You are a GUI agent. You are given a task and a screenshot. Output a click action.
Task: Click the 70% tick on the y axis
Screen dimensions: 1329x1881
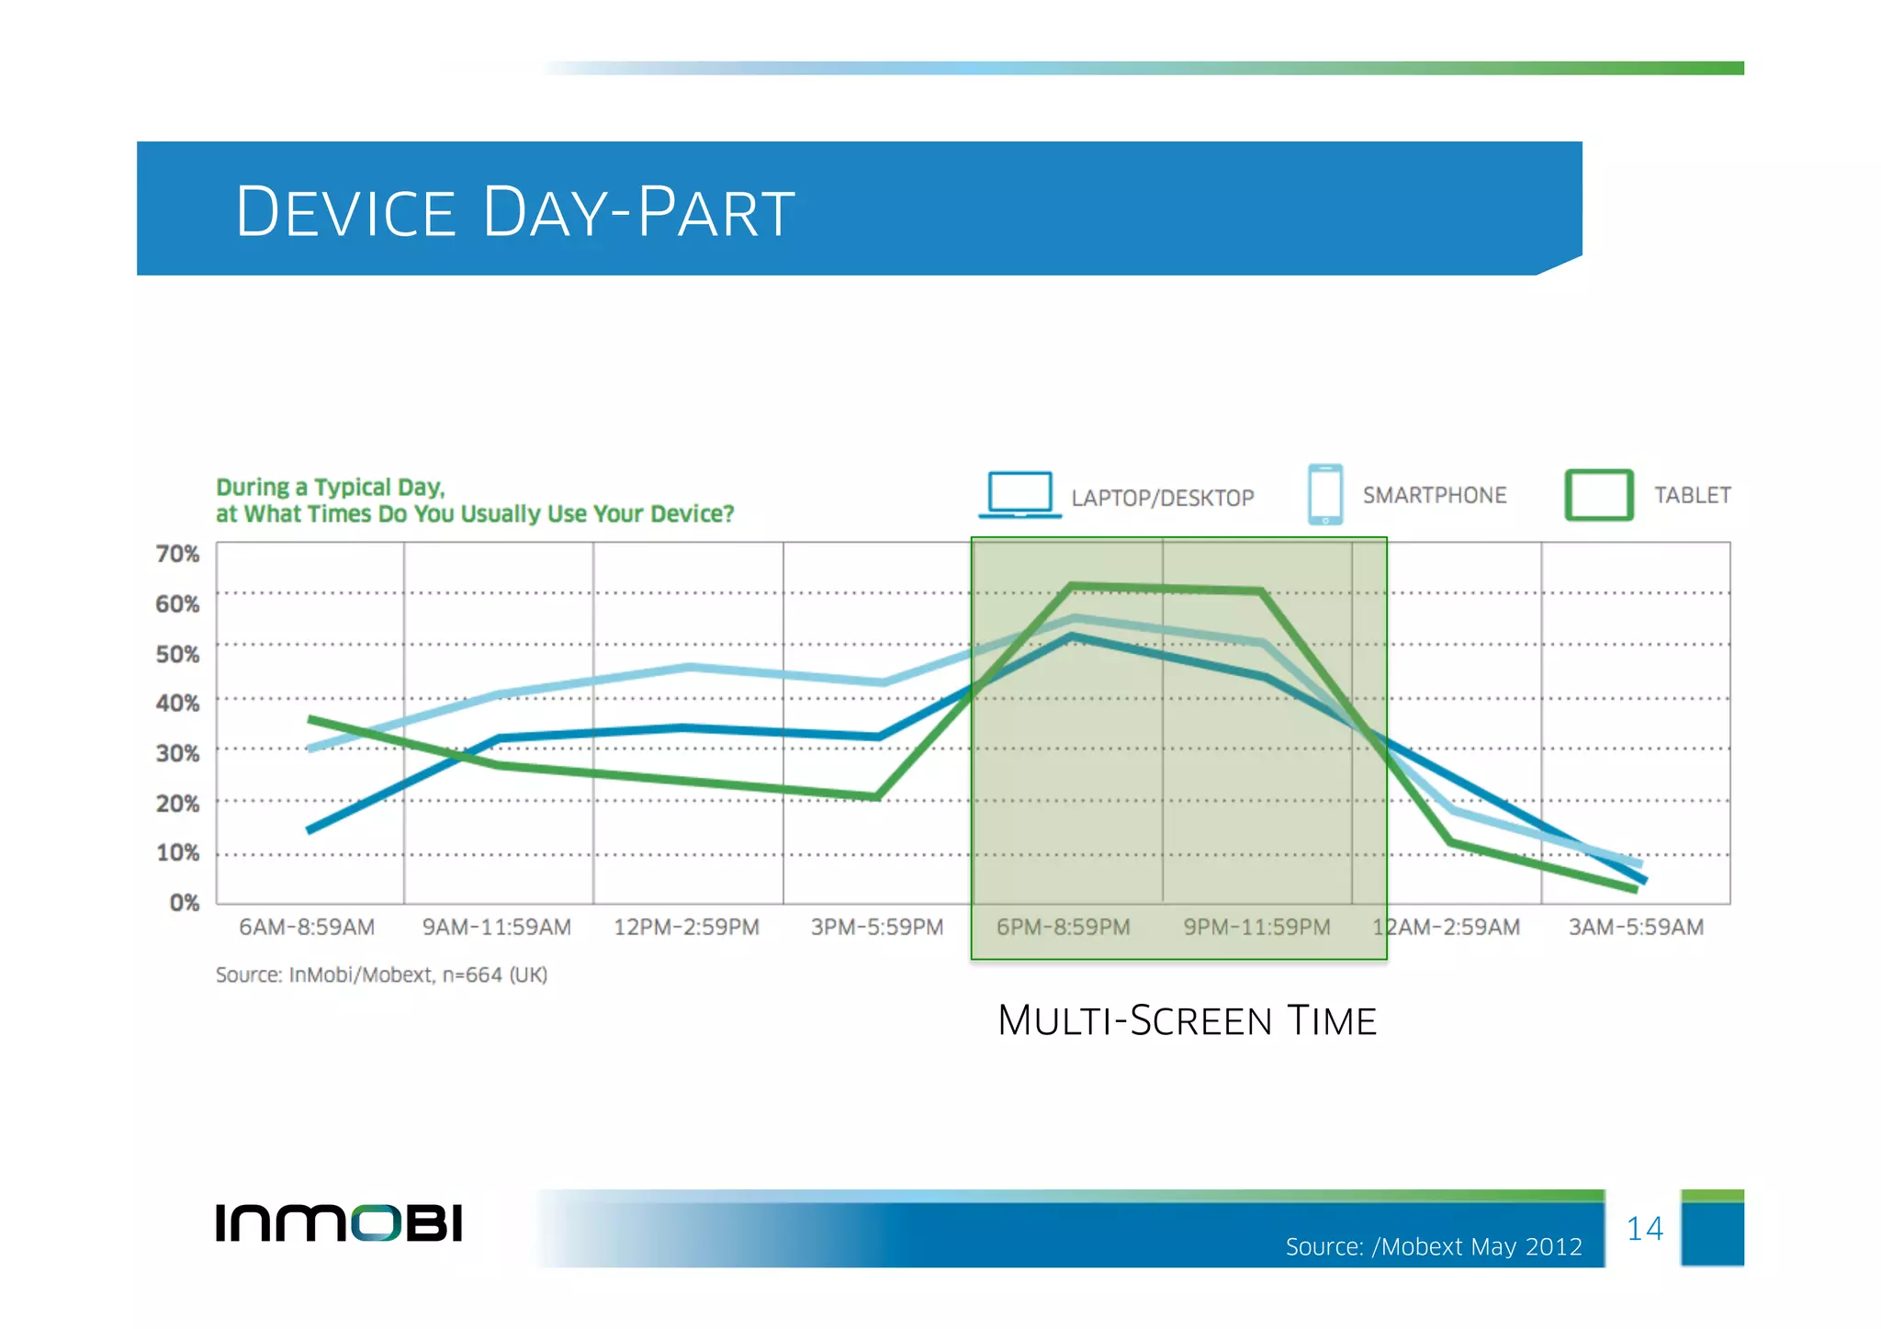point(177,554)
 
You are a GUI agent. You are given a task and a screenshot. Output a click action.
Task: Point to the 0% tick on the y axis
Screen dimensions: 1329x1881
point(184,903)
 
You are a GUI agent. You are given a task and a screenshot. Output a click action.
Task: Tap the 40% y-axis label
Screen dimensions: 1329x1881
point(177,704)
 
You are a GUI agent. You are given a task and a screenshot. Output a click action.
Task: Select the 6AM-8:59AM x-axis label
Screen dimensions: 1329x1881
point(307,928)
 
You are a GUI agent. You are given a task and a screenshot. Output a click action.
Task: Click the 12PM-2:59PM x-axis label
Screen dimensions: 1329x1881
point(686,928)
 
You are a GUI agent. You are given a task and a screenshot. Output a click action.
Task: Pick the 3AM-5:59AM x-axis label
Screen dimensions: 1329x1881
point(1636,928)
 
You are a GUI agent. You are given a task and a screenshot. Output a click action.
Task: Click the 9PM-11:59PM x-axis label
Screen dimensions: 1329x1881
point(1256,928)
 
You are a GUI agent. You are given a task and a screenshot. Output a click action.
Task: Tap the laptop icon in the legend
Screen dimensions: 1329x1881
point(1019,495)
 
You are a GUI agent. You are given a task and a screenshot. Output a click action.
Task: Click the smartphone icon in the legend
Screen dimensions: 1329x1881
point(1324,494)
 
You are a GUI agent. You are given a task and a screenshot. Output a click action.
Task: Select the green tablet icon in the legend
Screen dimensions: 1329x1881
point(1598,495)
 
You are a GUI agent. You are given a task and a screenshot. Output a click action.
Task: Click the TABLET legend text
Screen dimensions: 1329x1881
point(1692,496)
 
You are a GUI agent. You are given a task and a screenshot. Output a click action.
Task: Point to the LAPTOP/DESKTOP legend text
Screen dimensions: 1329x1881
point(1162,499)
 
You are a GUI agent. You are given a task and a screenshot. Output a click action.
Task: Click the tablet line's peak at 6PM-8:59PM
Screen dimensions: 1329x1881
point(1072,585)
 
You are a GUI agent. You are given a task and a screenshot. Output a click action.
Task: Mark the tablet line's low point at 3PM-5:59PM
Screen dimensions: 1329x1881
point(878,796)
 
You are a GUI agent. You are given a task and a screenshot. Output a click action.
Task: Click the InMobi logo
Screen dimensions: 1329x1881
point(339,1222)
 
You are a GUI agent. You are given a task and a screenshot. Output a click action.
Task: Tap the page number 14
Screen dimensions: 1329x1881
point(1644,1229)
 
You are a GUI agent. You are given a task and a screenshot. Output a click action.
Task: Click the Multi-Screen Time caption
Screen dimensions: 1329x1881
point(1187,1021)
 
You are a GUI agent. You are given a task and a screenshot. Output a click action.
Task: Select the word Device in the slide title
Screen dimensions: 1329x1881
point(345,212)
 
